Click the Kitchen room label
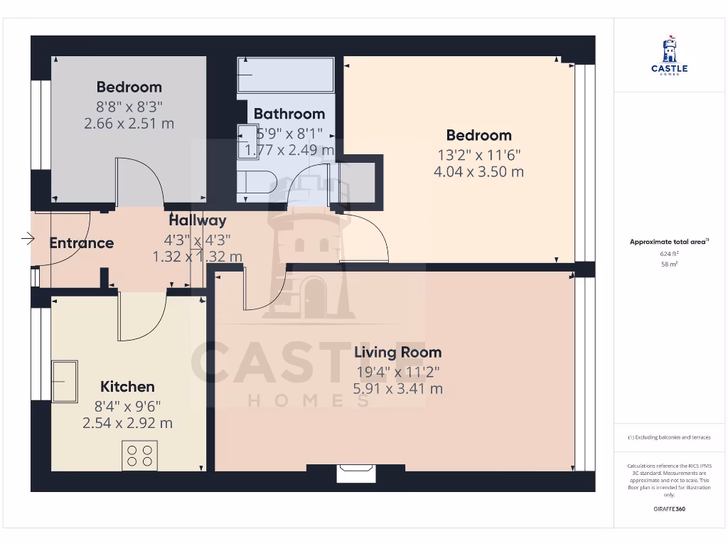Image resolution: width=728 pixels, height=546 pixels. (x=127, y=387)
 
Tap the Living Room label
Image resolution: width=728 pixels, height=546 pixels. (x=397, y=352)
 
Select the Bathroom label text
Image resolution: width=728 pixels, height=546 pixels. (x=289, y=114)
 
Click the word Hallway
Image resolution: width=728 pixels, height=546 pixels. (x=197, y=220)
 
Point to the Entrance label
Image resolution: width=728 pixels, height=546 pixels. (x=81, y=243)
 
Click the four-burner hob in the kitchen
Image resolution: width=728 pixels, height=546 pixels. (x=139, y=455)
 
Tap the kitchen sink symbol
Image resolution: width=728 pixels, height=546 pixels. (x=64, y=381)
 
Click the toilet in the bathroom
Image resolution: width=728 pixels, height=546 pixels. (x=255, y=181)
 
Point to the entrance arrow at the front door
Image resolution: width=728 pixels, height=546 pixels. (x=28, y=238)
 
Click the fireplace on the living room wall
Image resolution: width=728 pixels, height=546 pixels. (x=355, y=473)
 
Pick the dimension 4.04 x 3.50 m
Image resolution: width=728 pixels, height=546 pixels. (x=478, y=171)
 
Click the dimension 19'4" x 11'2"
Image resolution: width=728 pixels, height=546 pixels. (x=397, y=371)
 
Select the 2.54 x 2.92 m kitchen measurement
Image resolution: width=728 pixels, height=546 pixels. (x=127, y=423)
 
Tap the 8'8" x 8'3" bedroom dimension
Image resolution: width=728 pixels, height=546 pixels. (x=129, y=105)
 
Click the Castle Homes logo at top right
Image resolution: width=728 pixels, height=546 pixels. (x=669, y=55)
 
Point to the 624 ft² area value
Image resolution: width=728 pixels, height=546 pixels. (x=669, y=253)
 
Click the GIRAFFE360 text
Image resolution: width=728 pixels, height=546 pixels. (x=669, y=509)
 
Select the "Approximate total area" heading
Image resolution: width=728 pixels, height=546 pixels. (x=668, y=242)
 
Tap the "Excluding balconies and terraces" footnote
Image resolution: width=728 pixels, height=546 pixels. (x=669, y=437)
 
